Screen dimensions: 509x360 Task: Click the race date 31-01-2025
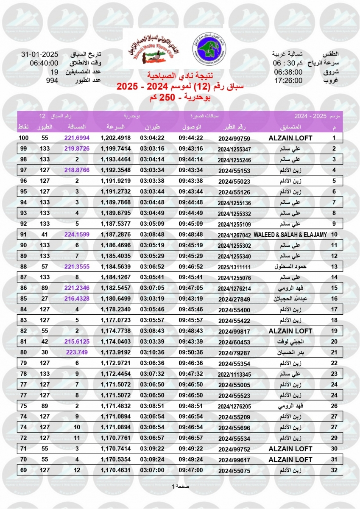click(x=39, y=55)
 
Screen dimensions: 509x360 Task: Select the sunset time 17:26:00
click(x=288, y=80)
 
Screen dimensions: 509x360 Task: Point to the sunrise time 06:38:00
click(x=288, y=72)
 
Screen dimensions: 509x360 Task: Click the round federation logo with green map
click(x=207, y=46)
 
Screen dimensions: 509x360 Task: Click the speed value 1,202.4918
click(x=115, y=138)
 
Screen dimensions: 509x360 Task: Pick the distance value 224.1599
click(x=77, y=234)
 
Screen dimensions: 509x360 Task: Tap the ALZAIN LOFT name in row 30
click(x=290, y=449)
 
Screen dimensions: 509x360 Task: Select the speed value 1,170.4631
click(x=115, y=470)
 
